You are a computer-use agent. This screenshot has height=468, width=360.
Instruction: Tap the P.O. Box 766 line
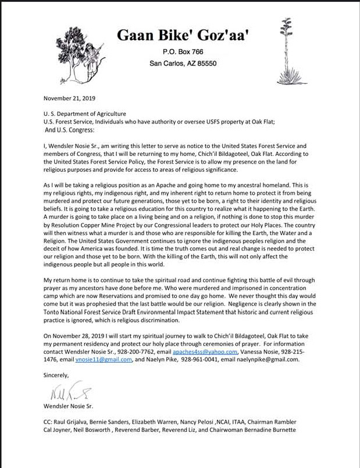(183, 52)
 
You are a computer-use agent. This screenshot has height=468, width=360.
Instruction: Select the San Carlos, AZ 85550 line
(183, 63)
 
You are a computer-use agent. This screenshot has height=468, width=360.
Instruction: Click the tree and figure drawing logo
(81, 50)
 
